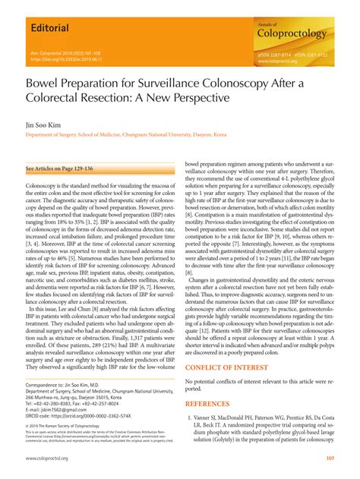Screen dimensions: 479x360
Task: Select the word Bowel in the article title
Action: click(46, 83)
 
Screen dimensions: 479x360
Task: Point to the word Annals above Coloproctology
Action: click(271, 24)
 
